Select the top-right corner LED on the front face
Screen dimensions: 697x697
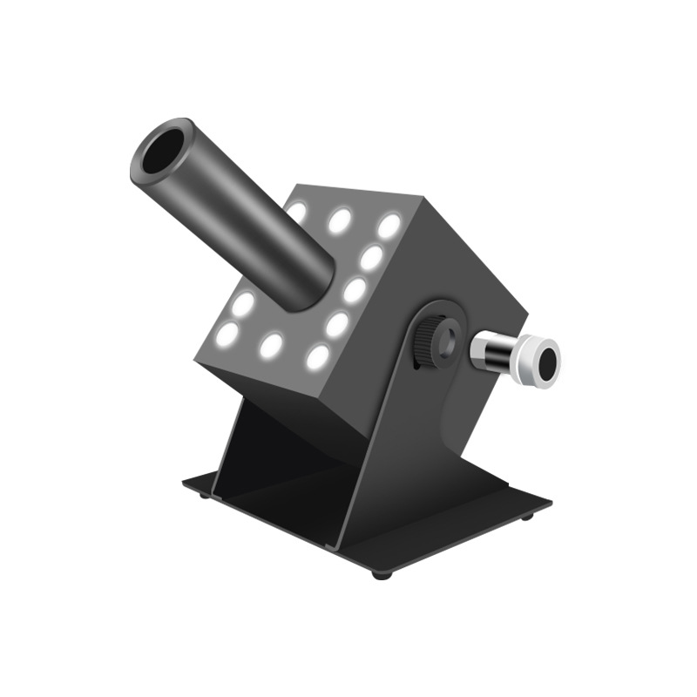click(389, 226)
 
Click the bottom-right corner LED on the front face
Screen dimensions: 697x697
click(318, 356)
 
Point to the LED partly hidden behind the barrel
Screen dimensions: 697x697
click(296, 212)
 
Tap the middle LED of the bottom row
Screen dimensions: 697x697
click(272, 345)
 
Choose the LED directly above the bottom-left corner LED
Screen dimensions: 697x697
click(243, 302)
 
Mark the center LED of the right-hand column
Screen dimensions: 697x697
click(354, 291)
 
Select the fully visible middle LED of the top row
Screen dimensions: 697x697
click(340, 220)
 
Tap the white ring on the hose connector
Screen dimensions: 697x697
click(526, 355)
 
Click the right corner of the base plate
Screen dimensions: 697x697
click(550, 503)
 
